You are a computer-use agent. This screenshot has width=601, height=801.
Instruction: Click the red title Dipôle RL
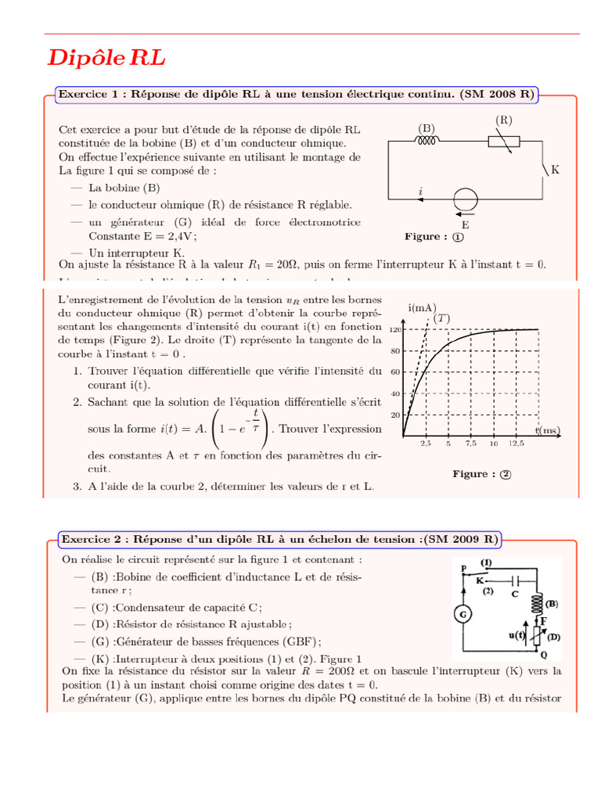click(106, 59)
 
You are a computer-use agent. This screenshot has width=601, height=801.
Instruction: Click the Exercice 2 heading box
click(279, 539)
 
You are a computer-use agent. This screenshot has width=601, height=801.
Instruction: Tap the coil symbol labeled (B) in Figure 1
click(427, 142)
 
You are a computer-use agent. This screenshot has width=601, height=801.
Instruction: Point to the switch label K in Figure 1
click(556, 170)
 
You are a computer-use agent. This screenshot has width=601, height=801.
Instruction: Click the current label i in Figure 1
click(421, 191)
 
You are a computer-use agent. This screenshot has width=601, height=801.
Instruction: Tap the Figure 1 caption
click(434, 236)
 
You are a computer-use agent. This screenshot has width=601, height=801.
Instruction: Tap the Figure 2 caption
click(481, 473)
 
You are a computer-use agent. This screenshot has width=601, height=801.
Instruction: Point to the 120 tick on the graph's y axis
click(394, 330)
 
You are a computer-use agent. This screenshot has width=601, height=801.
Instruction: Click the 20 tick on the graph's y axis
click(394, 415)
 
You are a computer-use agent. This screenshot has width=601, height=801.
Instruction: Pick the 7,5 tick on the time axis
click(470, 444)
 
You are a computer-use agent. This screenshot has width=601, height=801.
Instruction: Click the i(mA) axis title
click(422, 308)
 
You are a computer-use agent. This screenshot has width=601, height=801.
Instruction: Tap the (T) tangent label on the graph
click(442, 318)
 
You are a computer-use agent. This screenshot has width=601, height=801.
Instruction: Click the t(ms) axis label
click(549, 430)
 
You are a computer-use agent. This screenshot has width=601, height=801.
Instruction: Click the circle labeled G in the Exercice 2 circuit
click(463, 615)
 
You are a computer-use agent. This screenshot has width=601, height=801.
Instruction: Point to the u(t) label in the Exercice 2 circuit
click(518, 636)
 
